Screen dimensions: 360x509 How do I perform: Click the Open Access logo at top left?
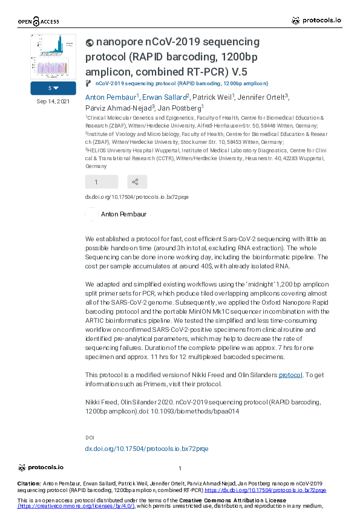tap(38, 22)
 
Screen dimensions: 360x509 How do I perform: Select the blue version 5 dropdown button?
tap(53, 88)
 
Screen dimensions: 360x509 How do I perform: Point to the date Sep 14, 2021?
tap(53, 102)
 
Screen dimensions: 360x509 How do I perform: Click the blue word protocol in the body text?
tap(290, 375)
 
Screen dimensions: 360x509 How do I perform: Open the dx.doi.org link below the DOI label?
tap(146, 449)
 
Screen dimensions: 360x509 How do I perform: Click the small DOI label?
tap(90, 437)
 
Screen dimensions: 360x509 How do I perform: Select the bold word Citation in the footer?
tap(29, 484)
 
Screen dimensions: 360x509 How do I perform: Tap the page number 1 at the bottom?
tap(180, 468)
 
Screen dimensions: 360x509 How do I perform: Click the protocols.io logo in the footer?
tap(41, 467)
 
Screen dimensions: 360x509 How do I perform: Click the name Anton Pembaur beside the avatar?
tap(123, 214)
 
